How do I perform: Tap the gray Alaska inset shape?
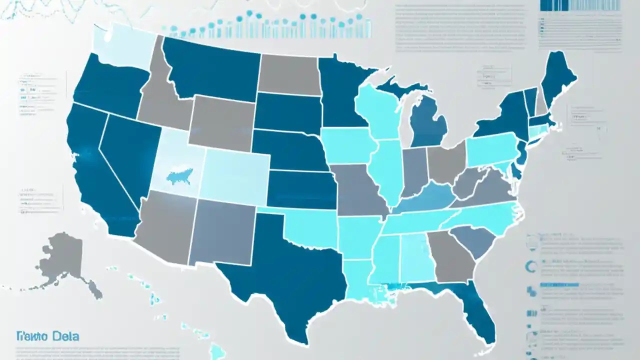click(x=65, y=260)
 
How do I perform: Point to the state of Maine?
click(x=557, y=77)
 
